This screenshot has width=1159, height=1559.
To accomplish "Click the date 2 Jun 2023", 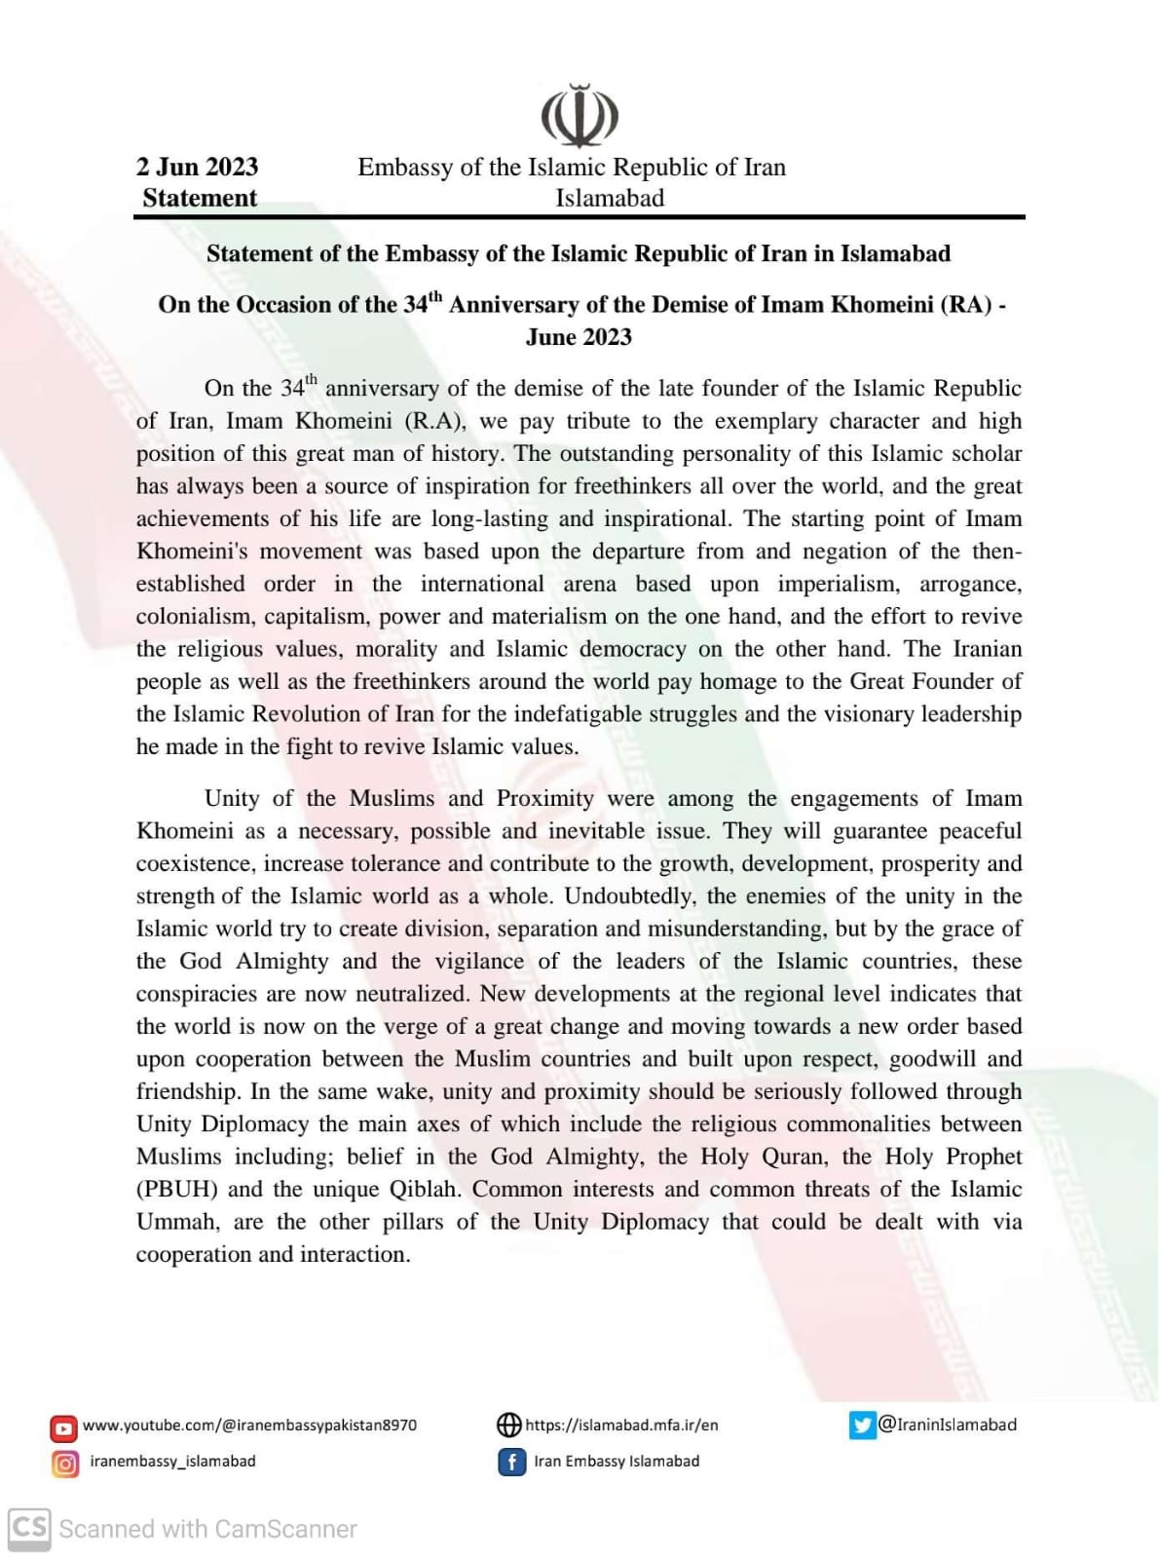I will coord(197,167).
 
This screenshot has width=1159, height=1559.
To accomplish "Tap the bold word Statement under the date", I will coord(200,198).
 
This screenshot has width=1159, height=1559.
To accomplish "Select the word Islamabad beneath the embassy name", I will coord(610,198).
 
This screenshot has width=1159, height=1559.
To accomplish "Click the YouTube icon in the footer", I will coord(64,1428).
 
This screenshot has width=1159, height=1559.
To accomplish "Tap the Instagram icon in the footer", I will coord(64,1464).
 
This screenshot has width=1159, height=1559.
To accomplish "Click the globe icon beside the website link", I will coord(509,1426).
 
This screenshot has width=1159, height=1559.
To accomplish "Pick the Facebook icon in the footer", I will coord(511,1463).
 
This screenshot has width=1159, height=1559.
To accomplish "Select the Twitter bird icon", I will coord(862,1426).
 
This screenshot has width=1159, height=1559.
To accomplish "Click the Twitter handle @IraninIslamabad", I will coord(948,1425).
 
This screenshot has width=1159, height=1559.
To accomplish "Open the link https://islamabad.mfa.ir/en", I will coord(621,1426).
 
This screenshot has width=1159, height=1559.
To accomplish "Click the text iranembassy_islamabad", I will coord(172,1462).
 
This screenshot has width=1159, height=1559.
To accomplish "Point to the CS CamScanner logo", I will coord(29,1528).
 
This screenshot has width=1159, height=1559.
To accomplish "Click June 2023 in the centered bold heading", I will coord(579,337).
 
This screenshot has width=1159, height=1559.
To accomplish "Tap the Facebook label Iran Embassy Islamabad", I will coord(617,1462).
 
